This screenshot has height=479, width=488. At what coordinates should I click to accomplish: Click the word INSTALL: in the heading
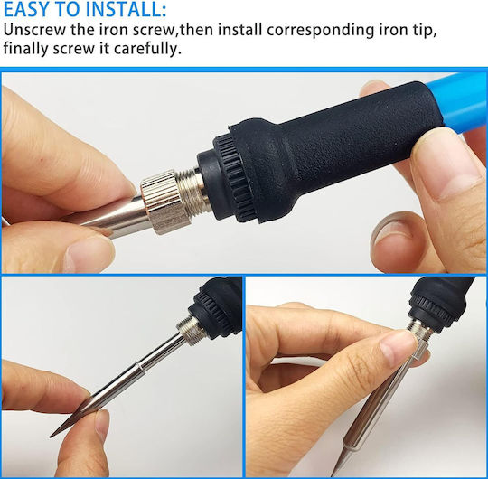[126, 9]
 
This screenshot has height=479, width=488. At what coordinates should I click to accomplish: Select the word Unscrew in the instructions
[34, 30]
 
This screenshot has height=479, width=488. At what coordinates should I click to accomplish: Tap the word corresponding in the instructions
[320, 31]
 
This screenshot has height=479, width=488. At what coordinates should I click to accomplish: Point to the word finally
[26, 48]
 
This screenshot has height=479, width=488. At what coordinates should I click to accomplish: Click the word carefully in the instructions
[147, 49]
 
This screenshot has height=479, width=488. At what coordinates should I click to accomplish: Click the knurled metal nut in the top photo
[160, 202]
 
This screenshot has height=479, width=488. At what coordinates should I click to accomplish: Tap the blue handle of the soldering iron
[463, 100]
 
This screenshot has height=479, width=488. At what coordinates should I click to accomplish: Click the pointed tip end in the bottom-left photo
[52, 436]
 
